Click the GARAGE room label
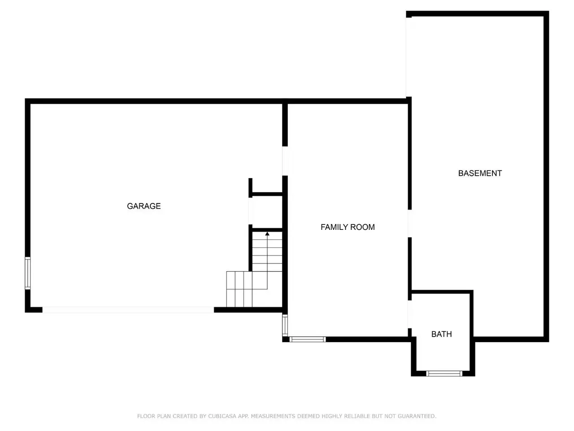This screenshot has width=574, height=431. coord(143,206)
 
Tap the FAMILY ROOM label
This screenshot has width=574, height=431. coord(348,227)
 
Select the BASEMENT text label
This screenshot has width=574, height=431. coord(480,173)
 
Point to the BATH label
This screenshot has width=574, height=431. coord(441,334)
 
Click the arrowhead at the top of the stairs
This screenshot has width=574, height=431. coord(267,233)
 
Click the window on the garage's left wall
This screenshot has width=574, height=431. coord(27,273)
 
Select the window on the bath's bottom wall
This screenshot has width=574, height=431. coord(444,374)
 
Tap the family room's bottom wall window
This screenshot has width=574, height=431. coord(308,339)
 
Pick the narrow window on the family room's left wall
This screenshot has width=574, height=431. coord(285,325)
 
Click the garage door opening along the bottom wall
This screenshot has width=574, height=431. coord(128,310)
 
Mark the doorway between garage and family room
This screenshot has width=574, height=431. coord(285,161)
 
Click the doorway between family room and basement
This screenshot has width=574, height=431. coord(410,224)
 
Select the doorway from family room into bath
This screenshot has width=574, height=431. coord(410,314)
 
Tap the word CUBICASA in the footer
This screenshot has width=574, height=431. coord(222,416)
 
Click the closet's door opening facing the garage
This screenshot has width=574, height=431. coord(250,211)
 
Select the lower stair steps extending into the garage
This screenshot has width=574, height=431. coord(239,289)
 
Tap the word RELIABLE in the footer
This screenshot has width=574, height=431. coord(357,416)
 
